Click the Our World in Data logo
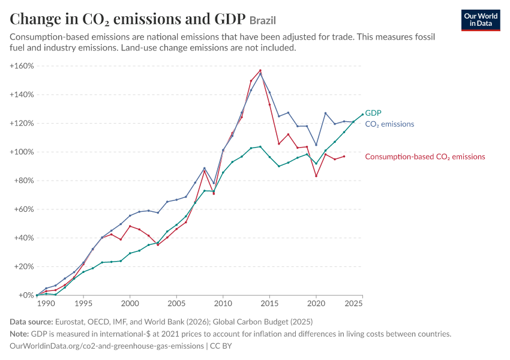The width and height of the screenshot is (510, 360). point(481,20)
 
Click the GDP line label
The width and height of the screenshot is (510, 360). point(373,113)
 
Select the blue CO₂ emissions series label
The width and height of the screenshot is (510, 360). point(389,124)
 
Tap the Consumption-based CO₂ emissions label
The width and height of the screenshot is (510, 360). point(425,157)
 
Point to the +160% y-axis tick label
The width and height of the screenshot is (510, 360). point(22,66)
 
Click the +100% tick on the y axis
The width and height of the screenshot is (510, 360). point(22,152)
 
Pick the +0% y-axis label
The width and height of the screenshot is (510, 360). point(26,295)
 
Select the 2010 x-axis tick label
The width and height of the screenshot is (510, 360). point(223,304)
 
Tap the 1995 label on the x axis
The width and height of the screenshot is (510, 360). point(83,304)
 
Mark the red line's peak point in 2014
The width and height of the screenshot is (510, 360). point(260,71)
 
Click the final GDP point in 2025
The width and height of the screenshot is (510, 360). point(362,115)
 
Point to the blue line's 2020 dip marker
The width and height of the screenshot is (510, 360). point(316,145)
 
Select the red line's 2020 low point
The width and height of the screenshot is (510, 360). point(316,176)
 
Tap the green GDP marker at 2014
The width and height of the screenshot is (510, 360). point(260,146)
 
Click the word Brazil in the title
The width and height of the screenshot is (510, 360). point(263,20)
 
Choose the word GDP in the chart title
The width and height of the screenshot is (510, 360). point(230,19)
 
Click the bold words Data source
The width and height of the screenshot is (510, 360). point(31,322)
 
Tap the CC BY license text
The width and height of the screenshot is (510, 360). point(221,346)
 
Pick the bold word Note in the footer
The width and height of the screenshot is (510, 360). point(19,334)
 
